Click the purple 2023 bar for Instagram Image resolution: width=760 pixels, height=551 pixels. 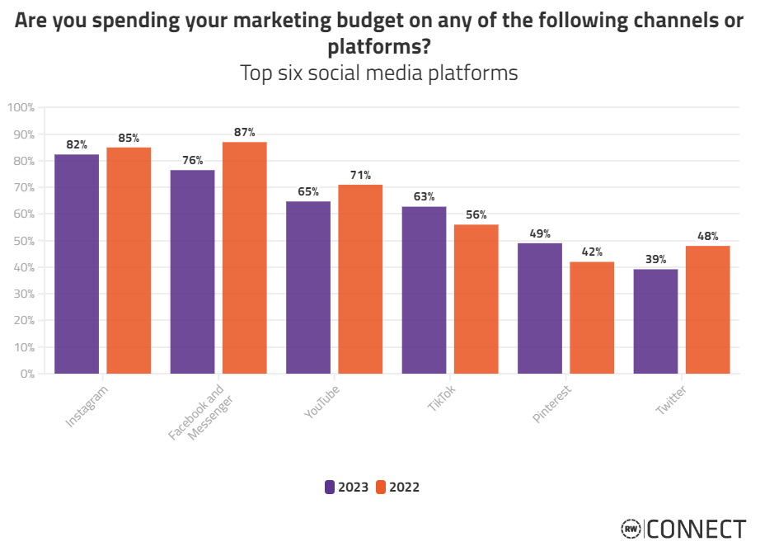coord(77,264)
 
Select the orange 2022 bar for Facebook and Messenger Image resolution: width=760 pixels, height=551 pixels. coord(245,257)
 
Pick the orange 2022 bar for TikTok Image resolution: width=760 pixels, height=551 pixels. coord(476,299)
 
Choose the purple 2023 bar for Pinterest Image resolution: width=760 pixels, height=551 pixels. coord(540,308)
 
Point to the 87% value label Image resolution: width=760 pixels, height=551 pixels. coord(245,132)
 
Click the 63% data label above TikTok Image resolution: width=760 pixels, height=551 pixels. coord(425,196)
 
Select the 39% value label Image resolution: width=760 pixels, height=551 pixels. coord(656,259)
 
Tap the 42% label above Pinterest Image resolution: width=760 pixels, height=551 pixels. coord(592,252)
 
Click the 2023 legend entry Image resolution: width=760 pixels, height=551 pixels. coord(347,487)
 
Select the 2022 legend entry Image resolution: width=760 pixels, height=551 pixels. coord(397,487)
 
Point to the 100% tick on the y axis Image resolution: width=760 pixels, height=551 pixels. coord(21,107)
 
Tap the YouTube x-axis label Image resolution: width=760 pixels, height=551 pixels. coord(322,402)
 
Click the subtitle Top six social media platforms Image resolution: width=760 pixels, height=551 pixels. coord(378,73)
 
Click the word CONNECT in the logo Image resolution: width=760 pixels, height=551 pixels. coord(697,529)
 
